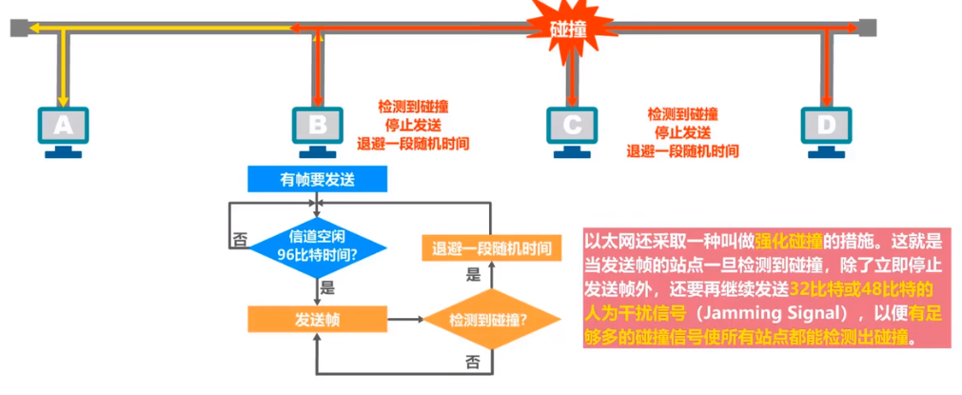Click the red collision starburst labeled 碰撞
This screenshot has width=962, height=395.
point(568,29)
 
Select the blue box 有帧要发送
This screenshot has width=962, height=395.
point(318,178)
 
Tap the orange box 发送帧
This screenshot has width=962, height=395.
point(318,319)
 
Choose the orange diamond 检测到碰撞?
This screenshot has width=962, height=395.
point(490,319)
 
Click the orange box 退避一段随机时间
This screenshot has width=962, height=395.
point(490,249)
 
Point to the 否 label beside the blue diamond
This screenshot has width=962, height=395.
point(240,240)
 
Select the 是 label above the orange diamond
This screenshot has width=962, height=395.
point(473,276)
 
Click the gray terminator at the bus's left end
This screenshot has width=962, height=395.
point(18,29)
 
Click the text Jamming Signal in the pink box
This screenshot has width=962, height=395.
point(781,312)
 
